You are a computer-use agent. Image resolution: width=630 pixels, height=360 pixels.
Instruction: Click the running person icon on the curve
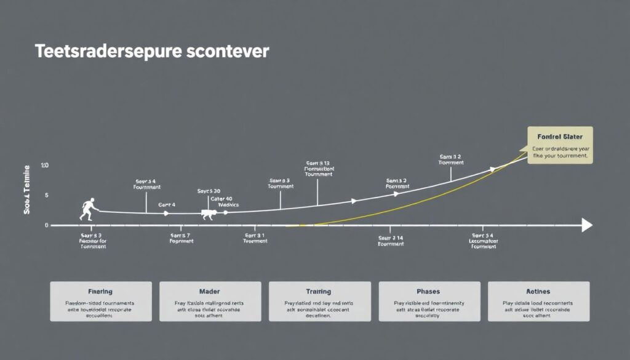(87, 209)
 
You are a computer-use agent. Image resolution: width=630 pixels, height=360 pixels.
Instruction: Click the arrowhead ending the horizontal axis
(587, 226)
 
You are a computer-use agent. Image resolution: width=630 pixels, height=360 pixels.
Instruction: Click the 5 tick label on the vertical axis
(46, 196)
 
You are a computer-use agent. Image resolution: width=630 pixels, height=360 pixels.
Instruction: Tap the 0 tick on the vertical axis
(46, 226)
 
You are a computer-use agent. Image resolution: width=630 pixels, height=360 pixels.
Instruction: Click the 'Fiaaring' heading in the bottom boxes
(100, 291)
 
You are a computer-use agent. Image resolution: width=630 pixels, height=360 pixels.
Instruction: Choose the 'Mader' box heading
(210, 291)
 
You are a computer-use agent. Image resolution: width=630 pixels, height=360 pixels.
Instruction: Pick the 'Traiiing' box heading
(318, 291)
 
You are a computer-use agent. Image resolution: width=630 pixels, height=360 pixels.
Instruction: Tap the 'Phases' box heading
(429, 291)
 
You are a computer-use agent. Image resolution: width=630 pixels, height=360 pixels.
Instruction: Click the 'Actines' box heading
(538, 291)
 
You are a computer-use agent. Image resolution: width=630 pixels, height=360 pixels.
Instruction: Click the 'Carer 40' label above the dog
(221, 199)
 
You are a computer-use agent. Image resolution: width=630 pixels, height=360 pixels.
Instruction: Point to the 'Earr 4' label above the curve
(167, 204)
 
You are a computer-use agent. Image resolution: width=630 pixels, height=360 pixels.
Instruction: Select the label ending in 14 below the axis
(391, 237)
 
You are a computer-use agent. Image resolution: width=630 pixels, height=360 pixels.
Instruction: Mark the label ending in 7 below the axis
(181, 235)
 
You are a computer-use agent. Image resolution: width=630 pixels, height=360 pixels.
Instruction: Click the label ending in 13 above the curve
(318, 164)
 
